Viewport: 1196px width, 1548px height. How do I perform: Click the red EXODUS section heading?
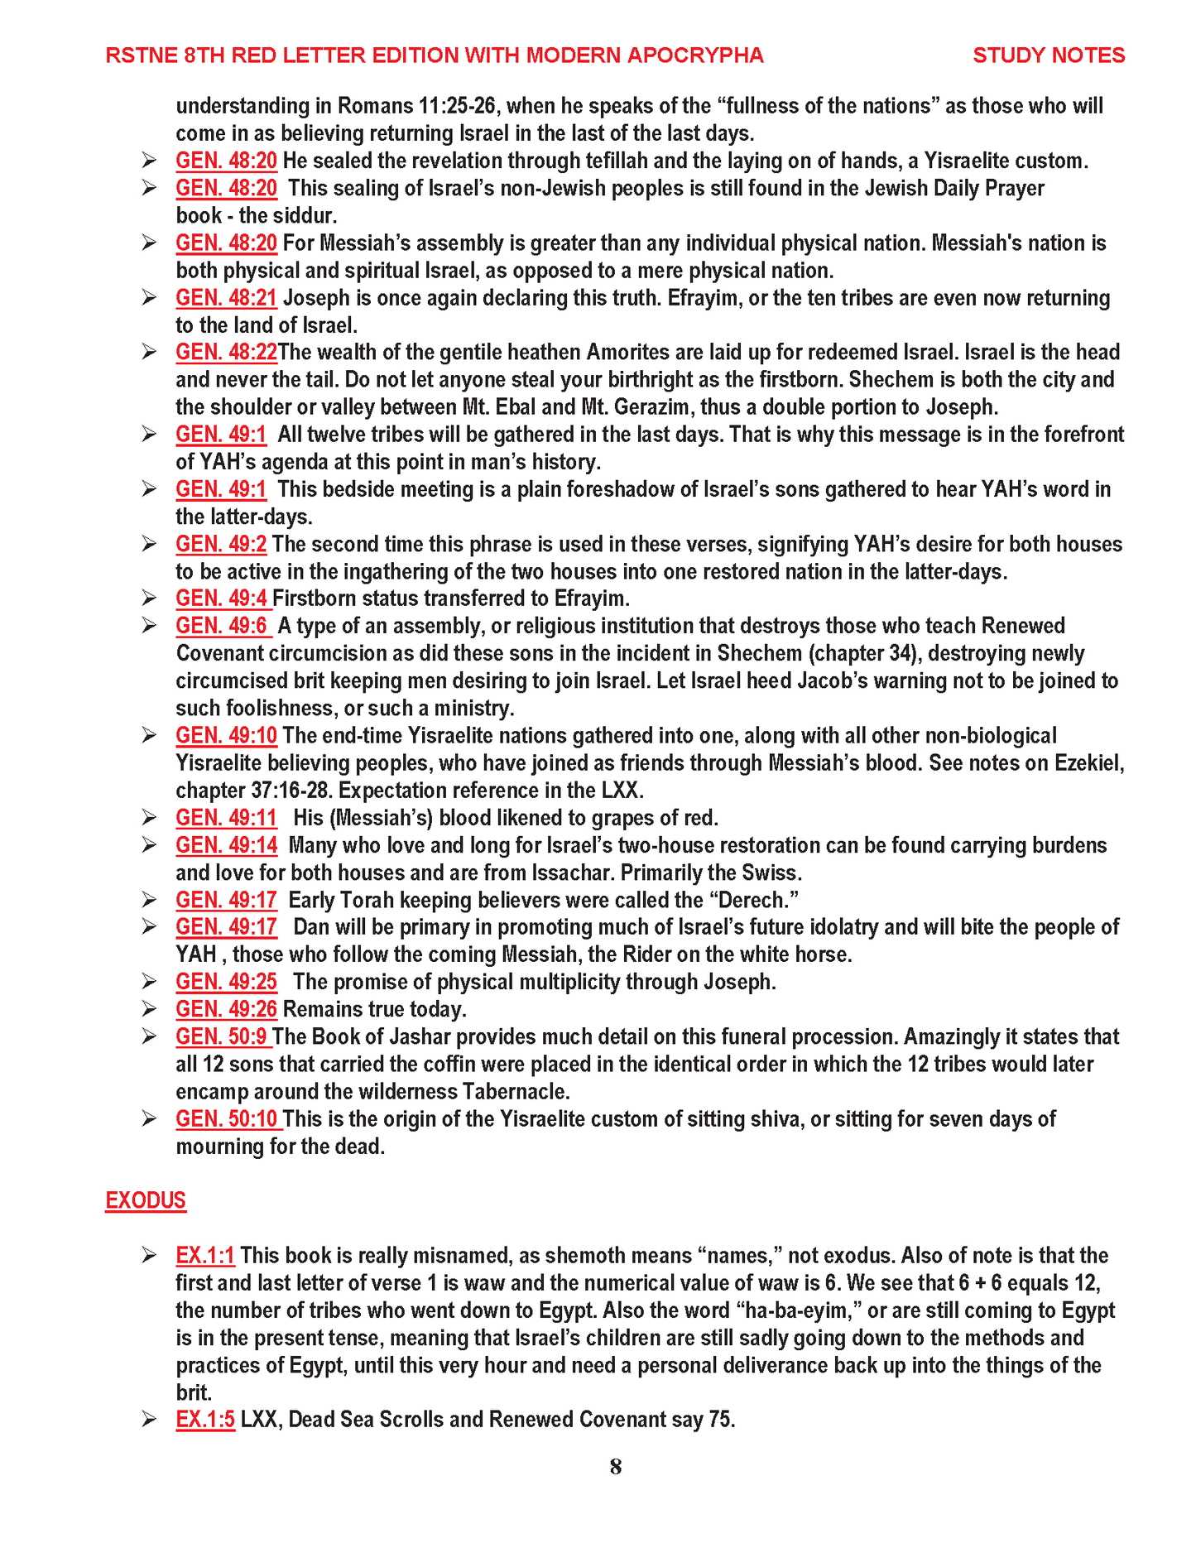click(x=146, y=1200)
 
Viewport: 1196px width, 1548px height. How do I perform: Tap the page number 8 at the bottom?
click(x=615, y=1467)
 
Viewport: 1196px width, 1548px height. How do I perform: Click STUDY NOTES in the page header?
click(x=1048, y=55)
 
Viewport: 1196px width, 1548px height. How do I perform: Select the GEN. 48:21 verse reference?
click(x=226, y=298)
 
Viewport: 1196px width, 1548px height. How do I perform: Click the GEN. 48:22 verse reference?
click(x=226, y=353)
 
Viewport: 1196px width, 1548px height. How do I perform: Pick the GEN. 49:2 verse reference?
click(x=221, y=544)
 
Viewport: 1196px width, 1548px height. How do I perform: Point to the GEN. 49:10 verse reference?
click(x=226, y=736)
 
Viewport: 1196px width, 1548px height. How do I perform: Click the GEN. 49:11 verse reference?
click(x=226, y=818)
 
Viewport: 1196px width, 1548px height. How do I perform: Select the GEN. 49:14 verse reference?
click(x=226, y=845)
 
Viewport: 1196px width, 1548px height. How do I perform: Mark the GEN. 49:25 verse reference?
click(x=226, y=982)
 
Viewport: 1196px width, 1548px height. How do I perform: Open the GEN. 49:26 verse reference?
click(x=226, y=1009)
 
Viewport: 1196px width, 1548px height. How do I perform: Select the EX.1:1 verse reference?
click(x=204, y=1256)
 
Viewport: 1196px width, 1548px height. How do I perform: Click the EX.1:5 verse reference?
click(x=204, y=1420)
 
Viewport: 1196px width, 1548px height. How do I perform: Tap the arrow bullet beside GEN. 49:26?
click(x=149, y=1009)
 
